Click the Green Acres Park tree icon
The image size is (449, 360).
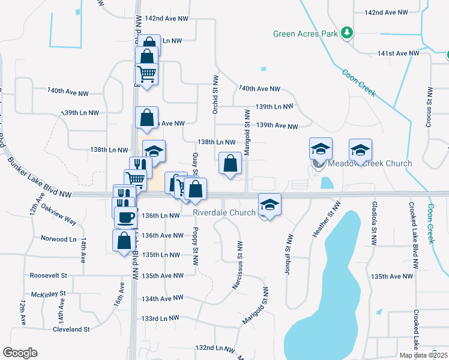coord(346,34)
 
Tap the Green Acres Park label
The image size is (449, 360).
coord(305,34)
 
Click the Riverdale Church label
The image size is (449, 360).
coord(224,212)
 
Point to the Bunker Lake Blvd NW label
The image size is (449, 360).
coord(40,177)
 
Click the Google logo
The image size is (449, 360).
coord(20,353)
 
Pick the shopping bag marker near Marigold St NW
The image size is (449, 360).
coord(231,163)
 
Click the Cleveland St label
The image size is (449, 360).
coord(71,329)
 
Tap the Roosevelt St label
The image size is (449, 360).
coord(49,276)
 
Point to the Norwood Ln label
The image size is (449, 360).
coord(55,239)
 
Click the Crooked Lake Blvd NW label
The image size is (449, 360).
coord(415,218)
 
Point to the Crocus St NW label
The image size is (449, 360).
coord(430,107)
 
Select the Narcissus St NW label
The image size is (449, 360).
coord(239,266)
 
